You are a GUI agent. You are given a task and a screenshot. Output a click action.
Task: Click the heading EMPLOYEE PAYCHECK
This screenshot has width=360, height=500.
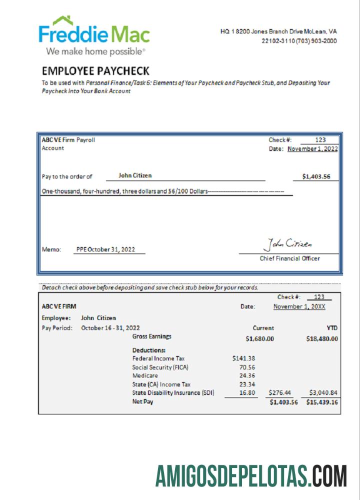click(95, 71)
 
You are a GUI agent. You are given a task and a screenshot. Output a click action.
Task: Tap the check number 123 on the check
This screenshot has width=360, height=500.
click(320, 140)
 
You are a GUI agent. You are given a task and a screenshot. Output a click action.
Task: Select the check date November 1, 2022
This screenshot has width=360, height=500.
click(313, 148)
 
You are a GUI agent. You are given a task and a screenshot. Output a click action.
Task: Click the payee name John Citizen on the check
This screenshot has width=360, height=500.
click(135, 175)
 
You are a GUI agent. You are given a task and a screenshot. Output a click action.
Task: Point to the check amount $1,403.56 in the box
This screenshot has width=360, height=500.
click(316, 176)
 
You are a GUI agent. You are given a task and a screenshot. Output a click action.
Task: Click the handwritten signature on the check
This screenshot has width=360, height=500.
click(287, 244)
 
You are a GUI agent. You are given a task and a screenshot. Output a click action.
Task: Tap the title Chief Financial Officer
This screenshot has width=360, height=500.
click(290, 258)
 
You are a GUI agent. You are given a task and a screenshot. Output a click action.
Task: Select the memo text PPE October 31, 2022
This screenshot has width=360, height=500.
click(105, 249)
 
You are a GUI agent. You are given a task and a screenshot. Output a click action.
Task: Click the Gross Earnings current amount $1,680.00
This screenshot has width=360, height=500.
click(260, 338)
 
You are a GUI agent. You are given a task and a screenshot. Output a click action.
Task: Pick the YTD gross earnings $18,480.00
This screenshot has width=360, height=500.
click(322, 338)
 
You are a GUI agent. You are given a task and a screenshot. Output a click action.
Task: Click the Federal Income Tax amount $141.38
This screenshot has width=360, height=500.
click(243, 358)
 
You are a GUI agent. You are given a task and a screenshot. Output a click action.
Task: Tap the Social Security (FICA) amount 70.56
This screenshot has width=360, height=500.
click(247, 367)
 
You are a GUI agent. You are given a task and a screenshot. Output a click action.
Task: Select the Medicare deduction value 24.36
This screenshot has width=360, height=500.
click(247, 375)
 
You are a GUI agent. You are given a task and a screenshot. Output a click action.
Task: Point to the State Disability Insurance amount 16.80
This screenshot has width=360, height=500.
click(247, 393)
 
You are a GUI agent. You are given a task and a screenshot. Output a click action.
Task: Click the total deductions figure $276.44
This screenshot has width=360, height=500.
click(280, 393)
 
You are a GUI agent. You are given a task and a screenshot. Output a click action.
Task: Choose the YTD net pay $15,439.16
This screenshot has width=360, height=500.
click(322, 402)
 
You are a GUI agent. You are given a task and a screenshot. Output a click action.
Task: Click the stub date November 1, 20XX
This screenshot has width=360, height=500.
click(299, 306)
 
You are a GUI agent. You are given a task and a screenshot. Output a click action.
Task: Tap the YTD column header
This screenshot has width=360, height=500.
click(332, 328)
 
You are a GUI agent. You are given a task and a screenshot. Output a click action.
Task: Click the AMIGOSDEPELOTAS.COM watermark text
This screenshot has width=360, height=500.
click(251, 475)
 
